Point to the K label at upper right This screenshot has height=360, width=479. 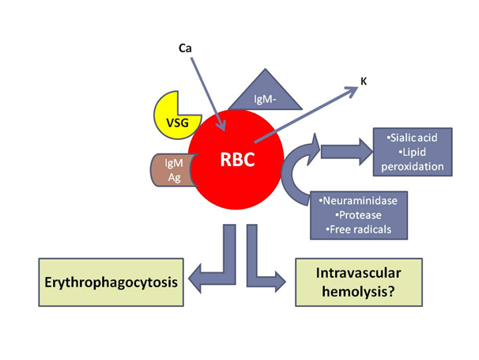tap(363, 81)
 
